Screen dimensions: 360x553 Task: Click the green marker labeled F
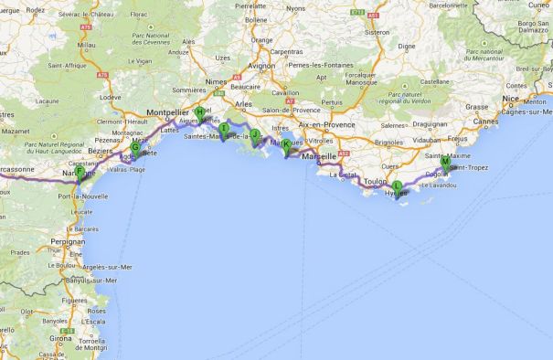(x=80, y=172)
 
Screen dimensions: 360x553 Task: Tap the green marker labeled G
(x=135, y=147)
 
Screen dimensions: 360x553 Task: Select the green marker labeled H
(x=199, y=113)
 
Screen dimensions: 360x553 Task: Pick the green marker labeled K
(x=286, y=144)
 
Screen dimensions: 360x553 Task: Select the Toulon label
(x=374, y=181)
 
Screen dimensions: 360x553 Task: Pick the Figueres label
(x=73, y=299)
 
